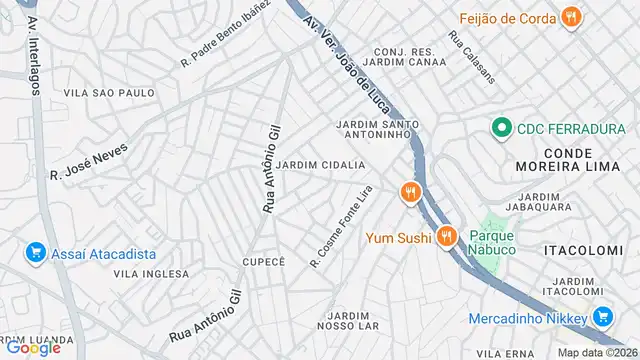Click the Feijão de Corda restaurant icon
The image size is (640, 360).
tap(571, 16)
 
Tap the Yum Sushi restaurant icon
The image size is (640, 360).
tap(446, 237)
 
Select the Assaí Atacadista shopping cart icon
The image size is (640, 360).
tap(35, 252)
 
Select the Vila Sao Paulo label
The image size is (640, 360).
tap(109, 92)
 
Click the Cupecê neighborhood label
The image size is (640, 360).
tap(264, 261)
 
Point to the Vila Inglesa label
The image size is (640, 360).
tap(151, 273)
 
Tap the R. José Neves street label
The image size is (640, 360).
tap(89, 159)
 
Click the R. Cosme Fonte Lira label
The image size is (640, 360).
tap(342, 226)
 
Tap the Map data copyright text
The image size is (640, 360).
tap(597, 352)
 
